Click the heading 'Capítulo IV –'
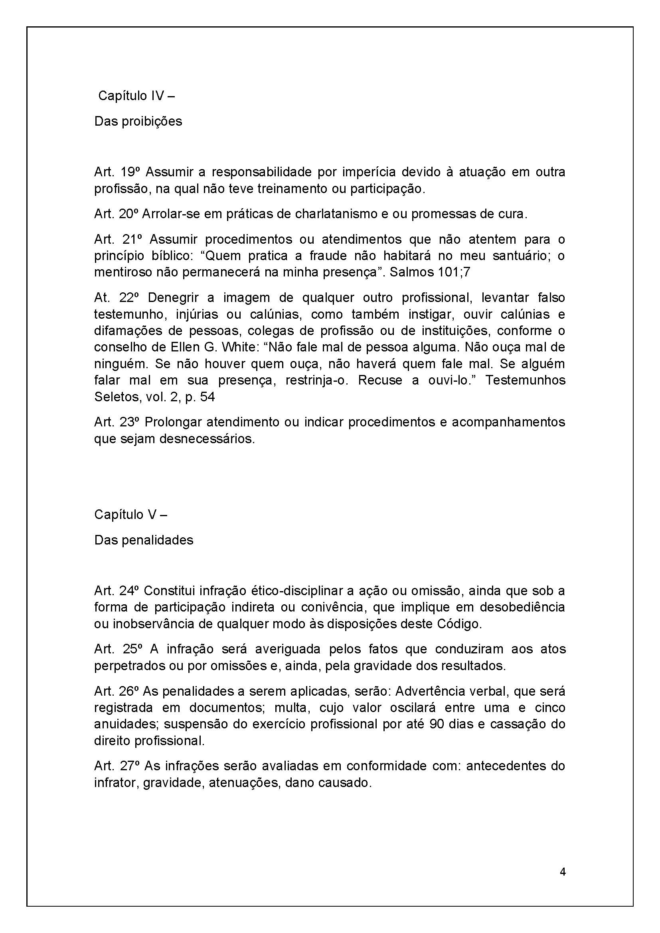136,96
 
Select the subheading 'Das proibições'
138,121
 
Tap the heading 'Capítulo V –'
131,515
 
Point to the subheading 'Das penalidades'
144,540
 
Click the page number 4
563,872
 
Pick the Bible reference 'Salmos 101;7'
430,272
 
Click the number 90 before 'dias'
437,724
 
